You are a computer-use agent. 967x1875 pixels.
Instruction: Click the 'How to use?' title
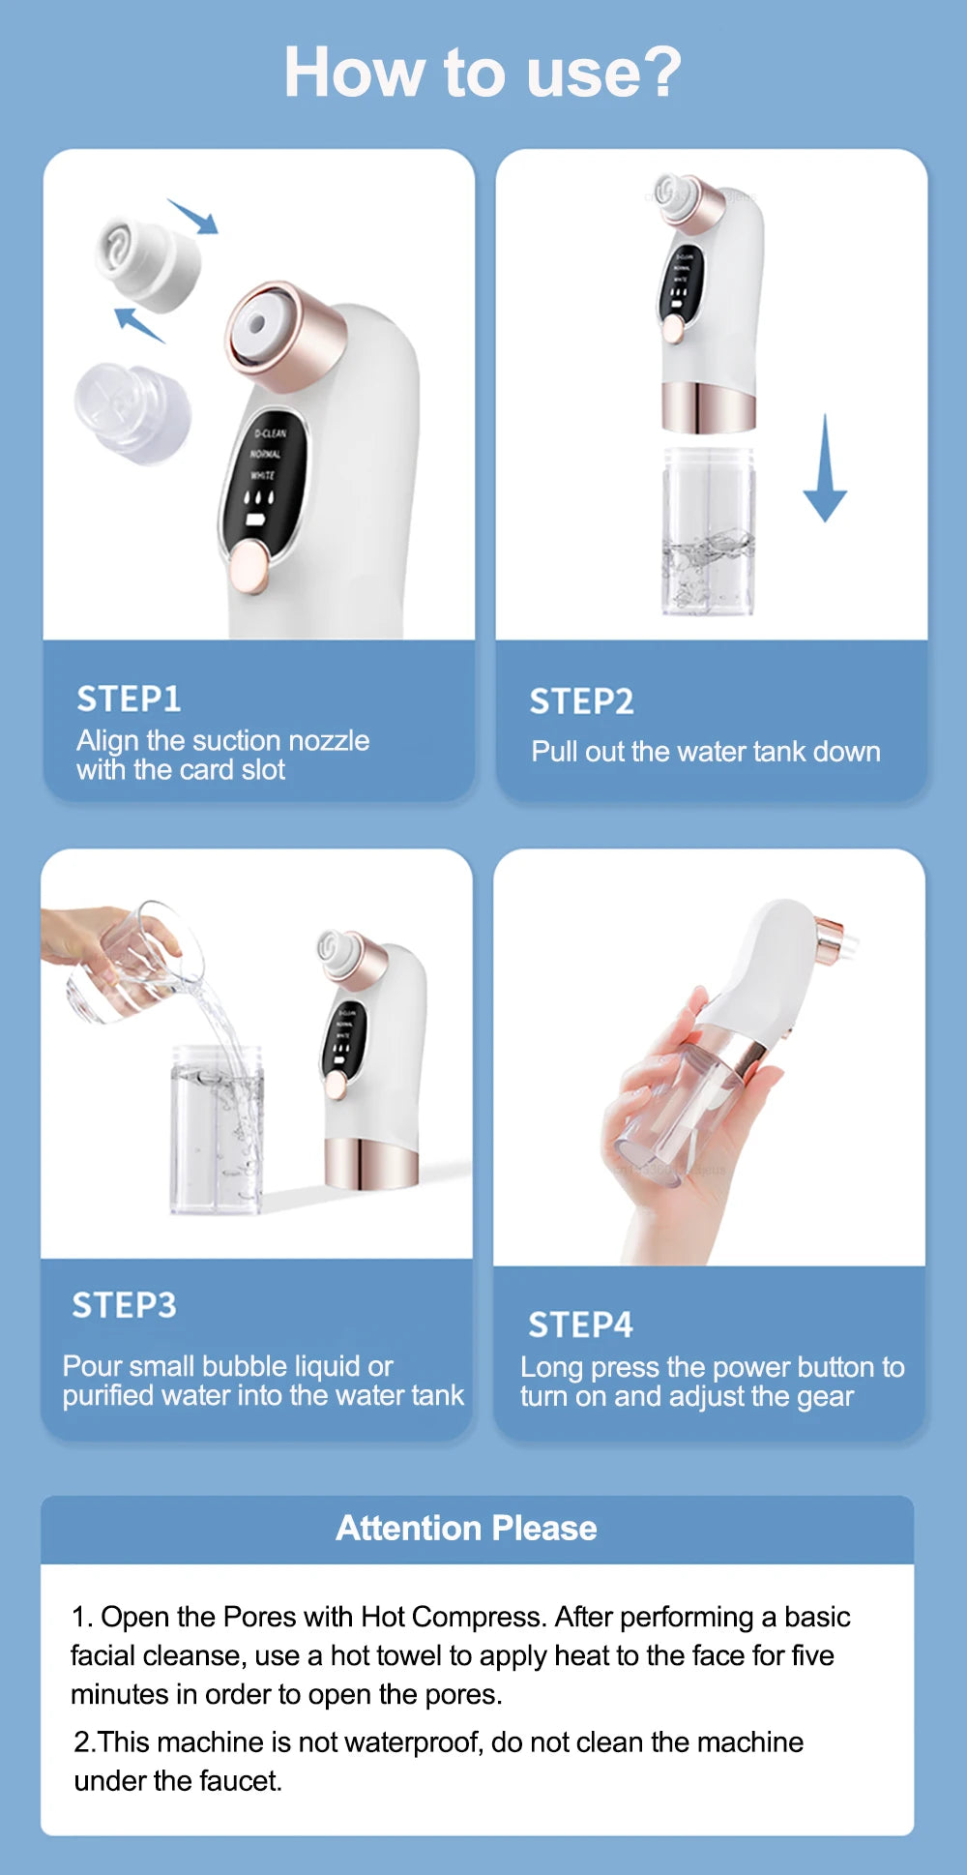coord(483,73)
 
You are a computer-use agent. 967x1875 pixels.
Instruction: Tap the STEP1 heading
coord(129,699)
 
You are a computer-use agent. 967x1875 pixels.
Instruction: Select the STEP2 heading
coord(581,701)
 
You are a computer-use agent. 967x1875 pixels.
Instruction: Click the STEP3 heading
coord(124,1305)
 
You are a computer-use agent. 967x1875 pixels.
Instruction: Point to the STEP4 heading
coord(580,1324)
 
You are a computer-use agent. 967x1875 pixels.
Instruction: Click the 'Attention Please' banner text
coord(466,1528)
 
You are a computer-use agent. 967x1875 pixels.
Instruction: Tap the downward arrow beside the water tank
coord(825,469)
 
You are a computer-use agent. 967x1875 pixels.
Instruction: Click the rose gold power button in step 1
coord(249,565)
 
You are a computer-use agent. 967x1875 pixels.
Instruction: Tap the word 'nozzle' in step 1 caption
coord(329,741)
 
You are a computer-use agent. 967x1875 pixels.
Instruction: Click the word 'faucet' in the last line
coord(241,1781)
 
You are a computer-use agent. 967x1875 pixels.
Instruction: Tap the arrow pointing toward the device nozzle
coord(194,217)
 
